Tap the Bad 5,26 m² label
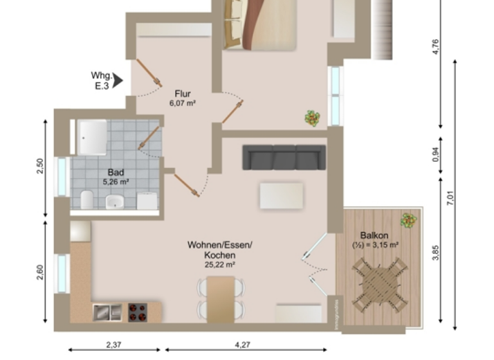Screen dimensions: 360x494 [x=116, y=177]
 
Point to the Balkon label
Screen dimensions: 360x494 [x=374, y=240]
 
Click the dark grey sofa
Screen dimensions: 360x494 [x=284, y=157]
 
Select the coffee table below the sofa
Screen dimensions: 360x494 [x=281, y=195]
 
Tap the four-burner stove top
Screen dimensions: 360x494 [x=137, y=312]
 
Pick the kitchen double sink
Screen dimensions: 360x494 [x=107, y=312]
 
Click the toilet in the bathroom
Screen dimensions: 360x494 [x=87, y=199]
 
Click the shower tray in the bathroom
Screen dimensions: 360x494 [x=91, y=138]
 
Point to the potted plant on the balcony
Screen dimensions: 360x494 [x=408, y=221]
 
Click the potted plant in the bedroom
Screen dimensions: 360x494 [x=313, y=118]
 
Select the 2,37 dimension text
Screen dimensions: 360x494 [x=113, y=345]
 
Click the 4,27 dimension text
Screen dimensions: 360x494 [x=242, y=345]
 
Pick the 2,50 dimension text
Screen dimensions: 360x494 [x=40, y=166]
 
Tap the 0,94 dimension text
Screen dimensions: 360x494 [x=435, y=155]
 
